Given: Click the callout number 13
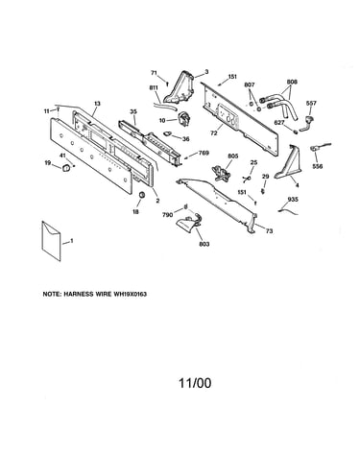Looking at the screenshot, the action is [97, 104].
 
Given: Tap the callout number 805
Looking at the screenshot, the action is [233, 156].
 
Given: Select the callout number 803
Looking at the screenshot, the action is [204, 244].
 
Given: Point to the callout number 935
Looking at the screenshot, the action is [293, 200].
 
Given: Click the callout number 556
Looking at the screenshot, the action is [318, 166].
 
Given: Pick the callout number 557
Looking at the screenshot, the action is [311, 103].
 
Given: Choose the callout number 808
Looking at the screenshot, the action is [292, 82].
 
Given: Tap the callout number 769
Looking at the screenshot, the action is [204, 153].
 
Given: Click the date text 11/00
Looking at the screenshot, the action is [195, 383].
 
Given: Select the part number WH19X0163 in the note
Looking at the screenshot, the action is [130, 294].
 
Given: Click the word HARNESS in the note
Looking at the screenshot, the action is [78, 294].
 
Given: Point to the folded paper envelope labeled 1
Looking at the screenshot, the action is [51, 241].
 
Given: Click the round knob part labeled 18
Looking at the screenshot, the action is [142, 195].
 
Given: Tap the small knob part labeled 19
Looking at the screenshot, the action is [66, 168].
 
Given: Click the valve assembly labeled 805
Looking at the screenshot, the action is [220, 173].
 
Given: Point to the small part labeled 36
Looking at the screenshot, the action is [168, 133].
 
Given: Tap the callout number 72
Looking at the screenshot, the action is [214, 132].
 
